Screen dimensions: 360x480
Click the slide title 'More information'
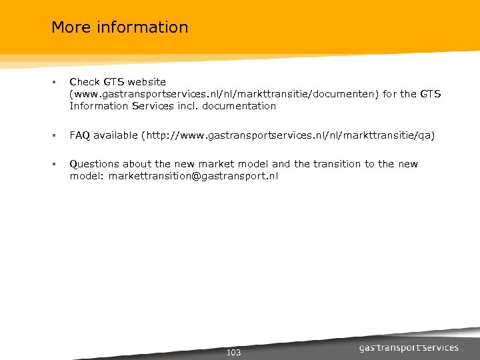tap(120, 27)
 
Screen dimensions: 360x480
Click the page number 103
tap(234, 352)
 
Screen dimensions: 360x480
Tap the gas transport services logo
tap(409, 347)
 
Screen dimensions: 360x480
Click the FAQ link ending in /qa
tap(288, 135)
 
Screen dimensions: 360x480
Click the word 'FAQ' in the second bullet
tap(80, 135)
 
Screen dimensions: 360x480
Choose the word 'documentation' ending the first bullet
tap(239, 106)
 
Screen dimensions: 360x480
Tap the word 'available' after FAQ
tap(115, 135)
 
